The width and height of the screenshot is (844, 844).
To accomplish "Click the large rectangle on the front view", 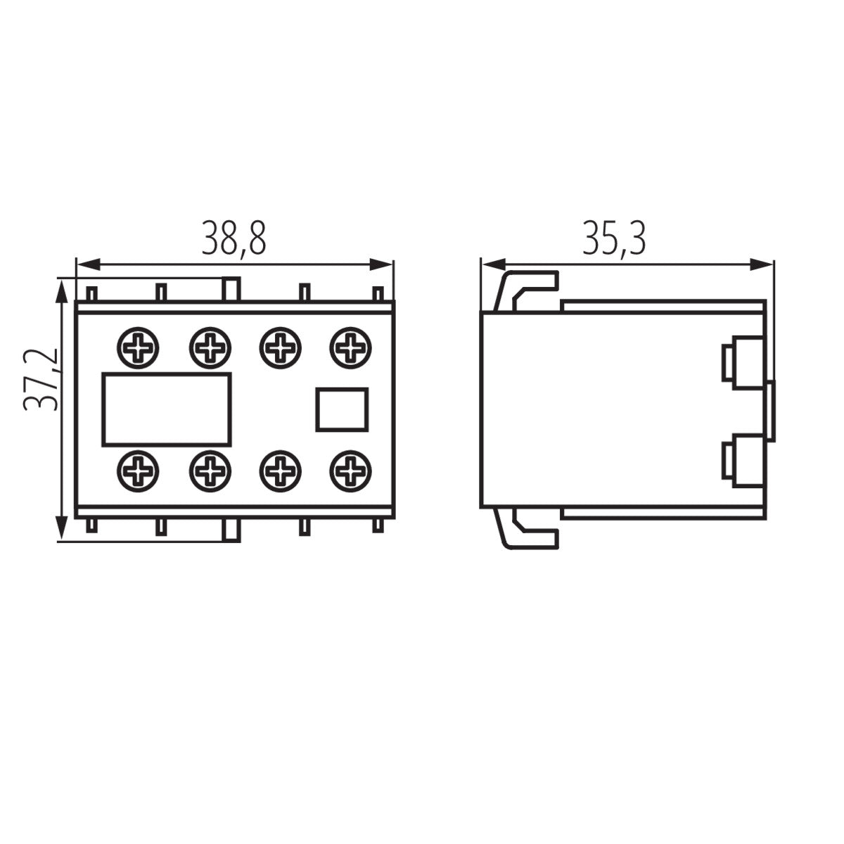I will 167,409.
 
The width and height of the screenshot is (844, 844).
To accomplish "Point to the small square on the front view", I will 341,409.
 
